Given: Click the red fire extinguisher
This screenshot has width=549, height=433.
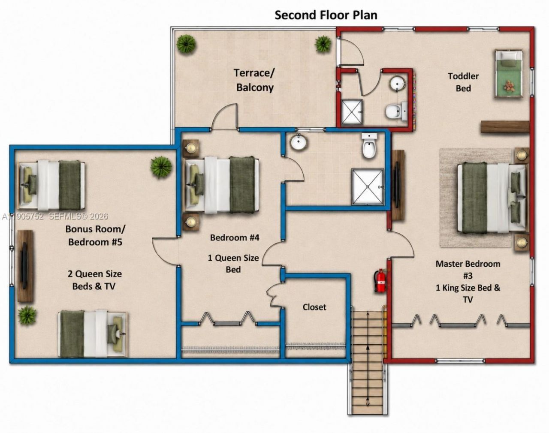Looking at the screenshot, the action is click(380, 280).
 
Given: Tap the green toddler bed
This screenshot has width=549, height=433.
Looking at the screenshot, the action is click(509, 74).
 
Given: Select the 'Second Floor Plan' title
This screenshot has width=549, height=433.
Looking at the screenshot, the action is click(326, 15).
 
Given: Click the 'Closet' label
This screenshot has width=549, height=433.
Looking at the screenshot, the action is click(314, 307).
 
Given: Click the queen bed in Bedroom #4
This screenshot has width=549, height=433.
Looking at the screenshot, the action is click(222, 185).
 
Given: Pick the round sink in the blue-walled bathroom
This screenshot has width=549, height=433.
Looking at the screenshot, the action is click(298, 142).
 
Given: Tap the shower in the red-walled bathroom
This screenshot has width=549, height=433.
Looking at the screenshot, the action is click(352, 112).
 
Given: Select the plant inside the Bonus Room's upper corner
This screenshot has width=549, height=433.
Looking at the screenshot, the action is click(161, 167).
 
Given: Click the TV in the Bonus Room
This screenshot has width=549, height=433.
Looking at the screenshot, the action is click(24, 265).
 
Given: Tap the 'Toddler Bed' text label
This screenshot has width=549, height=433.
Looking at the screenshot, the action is click(463, 82).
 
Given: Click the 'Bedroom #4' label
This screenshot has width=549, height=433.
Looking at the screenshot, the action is click(235, 238).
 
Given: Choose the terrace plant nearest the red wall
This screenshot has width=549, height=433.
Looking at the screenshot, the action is click(323, 44).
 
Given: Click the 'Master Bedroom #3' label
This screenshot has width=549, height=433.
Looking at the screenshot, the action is click(468, 270).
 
